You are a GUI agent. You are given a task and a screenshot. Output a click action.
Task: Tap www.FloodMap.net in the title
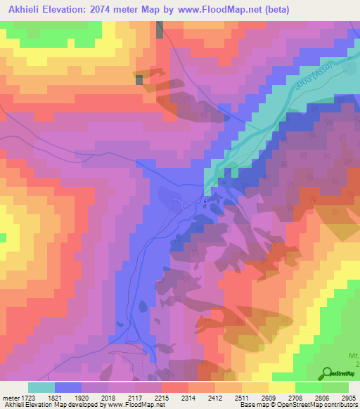221,9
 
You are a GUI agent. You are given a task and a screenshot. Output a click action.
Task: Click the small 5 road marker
205,202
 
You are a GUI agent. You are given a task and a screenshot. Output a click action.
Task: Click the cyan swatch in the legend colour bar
41,387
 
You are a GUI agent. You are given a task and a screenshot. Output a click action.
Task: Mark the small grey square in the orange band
139,80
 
